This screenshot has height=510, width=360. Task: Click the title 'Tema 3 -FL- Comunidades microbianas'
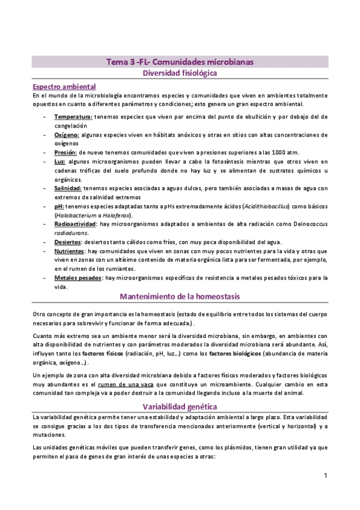(x=180, y=62)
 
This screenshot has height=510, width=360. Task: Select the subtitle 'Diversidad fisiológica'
(x=180, y=73)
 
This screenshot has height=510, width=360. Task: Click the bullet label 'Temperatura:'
(x=73, y=116)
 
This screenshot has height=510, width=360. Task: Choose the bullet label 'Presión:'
(x=66, y=153)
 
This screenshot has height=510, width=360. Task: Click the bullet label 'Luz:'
(x=59, y=162)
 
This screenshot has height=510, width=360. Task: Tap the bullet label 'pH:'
(x=58, y=206)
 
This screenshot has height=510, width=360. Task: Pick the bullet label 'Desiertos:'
(x=69, y=242)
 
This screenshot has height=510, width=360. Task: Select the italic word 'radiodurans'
(x=72, y=233)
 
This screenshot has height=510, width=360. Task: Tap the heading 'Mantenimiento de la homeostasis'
(x=180, y=296)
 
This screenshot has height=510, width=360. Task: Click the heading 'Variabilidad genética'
(x=180, y=405)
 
